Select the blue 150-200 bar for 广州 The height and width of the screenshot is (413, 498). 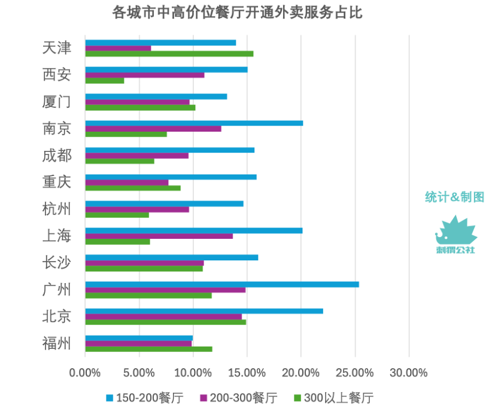point(221,284)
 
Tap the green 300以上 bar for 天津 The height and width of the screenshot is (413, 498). point(169,54)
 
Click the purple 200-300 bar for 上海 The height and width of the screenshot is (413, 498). point(159,236)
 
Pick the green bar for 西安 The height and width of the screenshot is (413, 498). point(104,80)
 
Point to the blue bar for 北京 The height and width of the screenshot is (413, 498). point(204,311)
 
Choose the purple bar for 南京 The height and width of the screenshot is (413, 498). point(153,129)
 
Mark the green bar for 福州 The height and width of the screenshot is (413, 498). point(148,349)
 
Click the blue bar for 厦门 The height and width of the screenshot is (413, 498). point(156,96)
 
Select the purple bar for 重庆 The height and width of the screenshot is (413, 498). point(126,183)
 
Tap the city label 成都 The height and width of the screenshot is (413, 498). point(57,156)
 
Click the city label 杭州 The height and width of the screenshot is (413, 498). point(57,209)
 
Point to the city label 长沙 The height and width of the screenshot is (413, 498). point(57,263)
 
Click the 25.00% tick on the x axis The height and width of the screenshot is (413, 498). point(355,373)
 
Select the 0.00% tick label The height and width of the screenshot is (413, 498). point(85,373)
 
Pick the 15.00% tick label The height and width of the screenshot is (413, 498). point(247,373)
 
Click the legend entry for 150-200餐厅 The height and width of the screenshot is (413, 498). point(144,397)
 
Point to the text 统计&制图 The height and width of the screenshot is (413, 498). point(454,197)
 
